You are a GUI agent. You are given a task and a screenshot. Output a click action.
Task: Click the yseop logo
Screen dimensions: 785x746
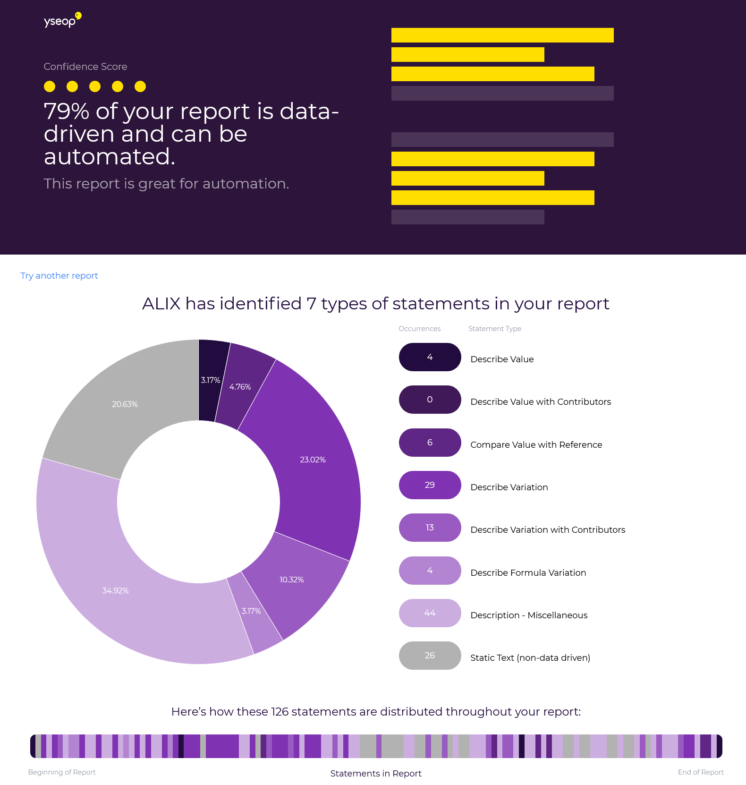point(62,20)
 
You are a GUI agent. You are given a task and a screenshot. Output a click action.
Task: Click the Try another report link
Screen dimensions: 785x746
point(59,276)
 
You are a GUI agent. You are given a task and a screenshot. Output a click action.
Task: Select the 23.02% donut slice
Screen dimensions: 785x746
point(313,460)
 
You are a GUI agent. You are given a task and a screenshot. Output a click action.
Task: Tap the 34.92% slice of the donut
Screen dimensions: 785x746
point(116,590)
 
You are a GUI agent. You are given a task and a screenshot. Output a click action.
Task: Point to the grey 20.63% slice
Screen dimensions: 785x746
point(125,404)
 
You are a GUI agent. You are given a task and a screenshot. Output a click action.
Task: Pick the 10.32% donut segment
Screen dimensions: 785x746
point(292,580)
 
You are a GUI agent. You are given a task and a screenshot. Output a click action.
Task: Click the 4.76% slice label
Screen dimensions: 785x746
point(240,387)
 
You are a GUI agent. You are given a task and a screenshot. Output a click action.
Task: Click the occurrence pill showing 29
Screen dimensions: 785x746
point(430,485)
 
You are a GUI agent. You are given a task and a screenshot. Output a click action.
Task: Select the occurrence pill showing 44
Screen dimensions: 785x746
point(430,613)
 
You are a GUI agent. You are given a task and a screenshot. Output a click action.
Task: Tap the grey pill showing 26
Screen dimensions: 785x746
point(430,656)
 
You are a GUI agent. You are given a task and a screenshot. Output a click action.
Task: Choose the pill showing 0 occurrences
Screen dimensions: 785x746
point(430,400)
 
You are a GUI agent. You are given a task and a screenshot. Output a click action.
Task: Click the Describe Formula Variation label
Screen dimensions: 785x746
point(528,573)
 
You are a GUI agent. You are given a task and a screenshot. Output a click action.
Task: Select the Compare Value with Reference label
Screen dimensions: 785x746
point(536,445)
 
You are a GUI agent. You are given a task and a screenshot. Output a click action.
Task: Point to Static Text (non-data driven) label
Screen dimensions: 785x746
point(530,658)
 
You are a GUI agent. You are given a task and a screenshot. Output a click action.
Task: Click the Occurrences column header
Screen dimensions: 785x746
point(419,329)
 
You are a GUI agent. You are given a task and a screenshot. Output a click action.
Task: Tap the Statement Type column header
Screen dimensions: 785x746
point(494,329)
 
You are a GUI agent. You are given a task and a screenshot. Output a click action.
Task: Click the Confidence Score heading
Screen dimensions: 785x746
point(85,67)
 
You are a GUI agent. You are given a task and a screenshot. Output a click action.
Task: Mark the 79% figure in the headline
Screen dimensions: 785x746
point(66,111)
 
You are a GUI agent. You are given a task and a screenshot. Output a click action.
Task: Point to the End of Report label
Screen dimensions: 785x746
point(700,772)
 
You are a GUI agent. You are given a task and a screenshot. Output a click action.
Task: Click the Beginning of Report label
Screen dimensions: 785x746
point(62,772)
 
